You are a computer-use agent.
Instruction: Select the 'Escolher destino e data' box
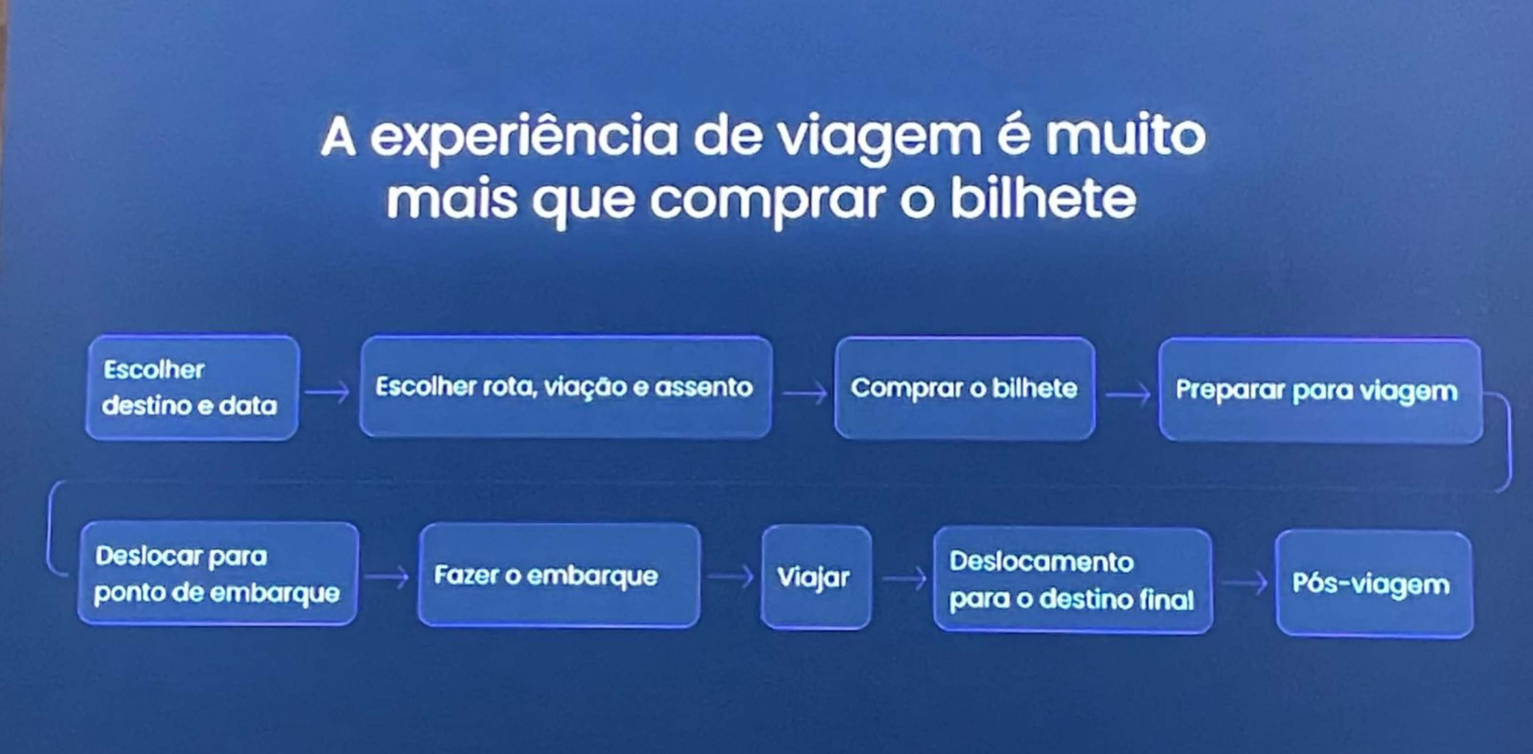coord(192,388)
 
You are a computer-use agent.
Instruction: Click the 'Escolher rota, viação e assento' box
coord(565,388)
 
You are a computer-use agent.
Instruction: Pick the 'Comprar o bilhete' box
coord(964,388)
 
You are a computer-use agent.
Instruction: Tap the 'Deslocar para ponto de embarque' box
coord(218,574)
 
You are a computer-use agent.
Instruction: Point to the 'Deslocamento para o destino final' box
coord(1072,580)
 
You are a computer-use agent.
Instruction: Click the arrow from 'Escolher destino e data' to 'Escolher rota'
coord(327,392)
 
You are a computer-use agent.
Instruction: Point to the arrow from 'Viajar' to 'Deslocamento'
coord(904,577)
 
